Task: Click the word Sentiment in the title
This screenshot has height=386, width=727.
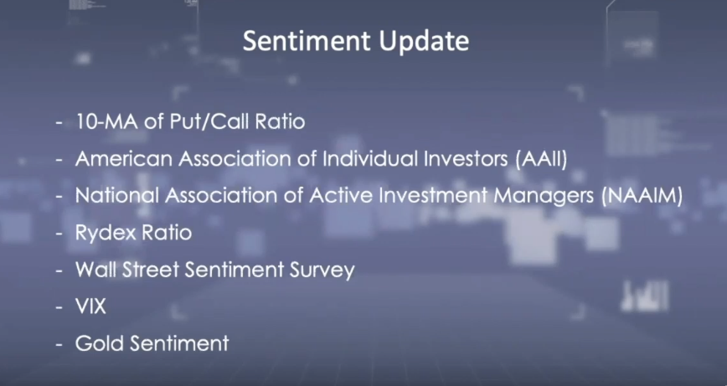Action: [307, 41]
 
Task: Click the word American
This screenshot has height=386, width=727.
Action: [124, 159]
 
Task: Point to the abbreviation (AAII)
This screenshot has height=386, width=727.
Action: [541, 159]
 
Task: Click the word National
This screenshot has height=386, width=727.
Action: [117, 196]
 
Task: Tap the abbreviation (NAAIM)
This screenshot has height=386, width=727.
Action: [642, 196]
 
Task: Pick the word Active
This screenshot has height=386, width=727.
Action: [341, 196]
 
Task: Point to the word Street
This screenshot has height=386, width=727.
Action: [152, 270]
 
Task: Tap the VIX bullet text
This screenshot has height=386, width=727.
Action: [90, 306]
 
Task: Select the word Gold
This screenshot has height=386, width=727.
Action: [99, 343]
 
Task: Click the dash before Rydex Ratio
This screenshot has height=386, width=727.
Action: [59, 233]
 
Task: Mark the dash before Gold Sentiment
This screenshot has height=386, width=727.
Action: [59, 344]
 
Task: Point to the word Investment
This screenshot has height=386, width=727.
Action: [432, 196]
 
